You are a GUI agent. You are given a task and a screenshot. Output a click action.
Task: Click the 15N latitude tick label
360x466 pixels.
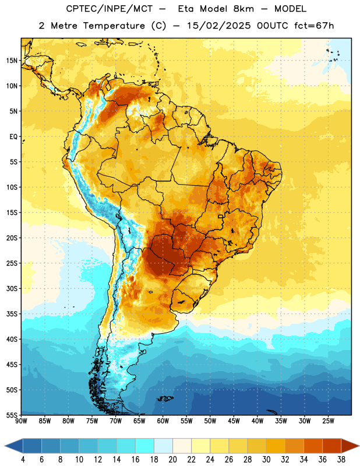[12, 61]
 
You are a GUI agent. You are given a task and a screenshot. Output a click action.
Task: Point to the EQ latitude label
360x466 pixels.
[13, 137]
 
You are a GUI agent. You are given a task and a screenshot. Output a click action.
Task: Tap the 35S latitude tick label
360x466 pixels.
[12, 314]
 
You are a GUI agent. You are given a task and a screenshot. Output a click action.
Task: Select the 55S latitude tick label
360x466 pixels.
[12, 415]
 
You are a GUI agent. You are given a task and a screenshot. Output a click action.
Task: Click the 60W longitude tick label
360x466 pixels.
[163, 421]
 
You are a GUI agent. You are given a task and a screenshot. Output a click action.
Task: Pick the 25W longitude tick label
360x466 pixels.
[328, 421]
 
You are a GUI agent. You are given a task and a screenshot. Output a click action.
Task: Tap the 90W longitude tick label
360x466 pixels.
[21, 421]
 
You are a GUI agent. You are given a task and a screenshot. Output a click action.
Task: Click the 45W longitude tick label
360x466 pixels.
[234, 421]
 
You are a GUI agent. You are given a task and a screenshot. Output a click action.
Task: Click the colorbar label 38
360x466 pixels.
[341, 460]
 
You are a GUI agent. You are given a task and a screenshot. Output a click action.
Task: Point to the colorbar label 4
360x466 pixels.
[23, 460]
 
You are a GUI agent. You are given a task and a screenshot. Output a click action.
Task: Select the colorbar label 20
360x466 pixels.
[172, 460]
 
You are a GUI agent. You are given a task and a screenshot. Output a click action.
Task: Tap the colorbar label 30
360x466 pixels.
[266, 460]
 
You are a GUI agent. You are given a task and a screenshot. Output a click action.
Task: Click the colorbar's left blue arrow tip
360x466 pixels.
[5, 446]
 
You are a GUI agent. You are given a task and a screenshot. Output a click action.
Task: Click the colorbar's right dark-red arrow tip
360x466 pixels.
[359, 446]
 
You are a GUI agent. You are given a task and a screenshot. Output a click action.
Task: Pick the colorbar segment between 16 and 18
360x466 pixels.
[145, 446]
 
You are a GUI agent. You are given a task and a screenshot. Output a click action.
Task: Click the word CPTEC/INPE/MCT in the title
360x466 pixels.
[109, 9]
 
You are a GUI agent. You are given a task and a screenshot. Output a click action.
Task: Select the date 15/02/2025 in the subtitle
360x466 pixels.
[218, 26]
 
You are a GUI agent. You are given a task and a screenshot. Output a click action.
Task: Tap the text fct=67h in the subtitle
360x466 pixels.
[314, 26]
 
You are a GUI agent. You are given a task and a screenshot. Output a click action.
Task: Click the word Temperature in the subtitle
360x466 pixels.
[114, 26]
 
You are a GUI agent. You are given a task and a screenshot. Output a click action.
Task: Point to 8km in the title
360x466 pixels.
[243, 9]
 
